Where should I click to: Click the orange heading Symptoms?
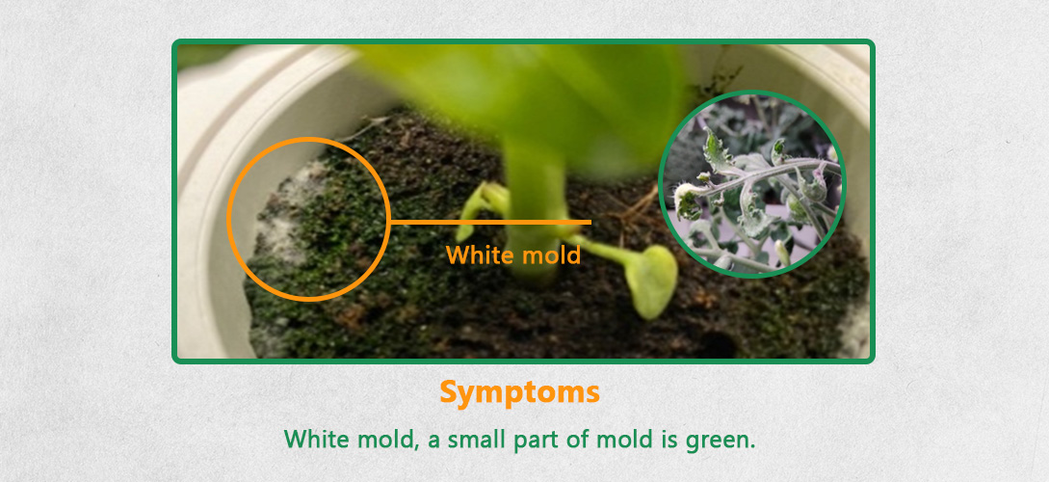tap(520, 393)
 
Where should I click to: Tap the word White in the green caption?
tap(317, 440)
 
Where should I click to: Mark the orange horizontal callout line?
tap(489, 222)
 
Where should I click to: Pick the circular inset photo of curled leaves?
tap(752, 183)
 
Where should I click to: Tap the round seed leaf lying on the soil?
tap(650, 281)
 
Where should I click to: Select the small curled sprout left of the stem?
tap(481, 206)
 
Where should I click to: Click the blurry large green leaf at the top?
tap(529, 87)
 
